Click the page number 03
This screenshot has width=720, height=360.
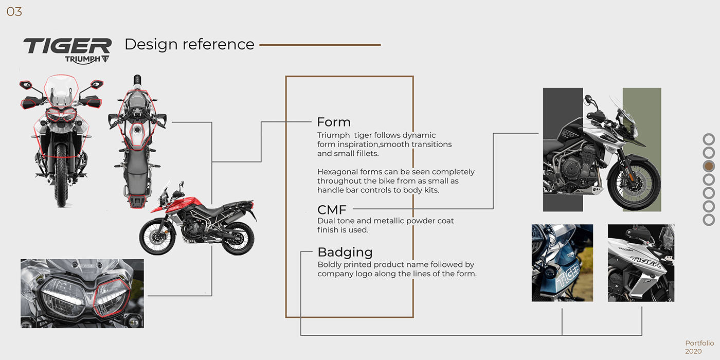(14, 12)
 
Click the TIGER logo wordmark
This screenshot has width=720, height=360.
(67, 46)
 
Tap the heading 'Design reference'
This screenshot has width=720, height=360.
(189, 44)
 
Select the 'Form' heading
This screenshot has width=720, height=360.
(334, 122)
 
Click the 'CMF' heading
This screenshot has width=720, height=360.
(332, 209)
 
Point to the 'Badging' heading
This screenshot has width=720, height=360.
(345, 252)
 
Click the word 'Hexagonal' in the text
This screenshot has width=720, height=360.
(336, 172)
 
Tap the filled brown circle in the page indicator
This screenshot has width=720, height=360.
(709, 166)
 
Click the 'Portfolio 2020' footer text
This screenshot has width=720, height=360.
(699, 347)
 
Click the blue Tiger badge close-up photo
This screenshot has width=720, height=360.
(562, 263)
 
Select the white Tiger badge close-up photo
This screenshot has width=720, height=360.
(641, 263)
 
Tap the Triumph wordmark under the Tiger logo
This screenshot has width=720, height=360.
(82, 59)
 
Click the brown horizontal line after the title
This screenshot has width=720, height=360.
(320, 45)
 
